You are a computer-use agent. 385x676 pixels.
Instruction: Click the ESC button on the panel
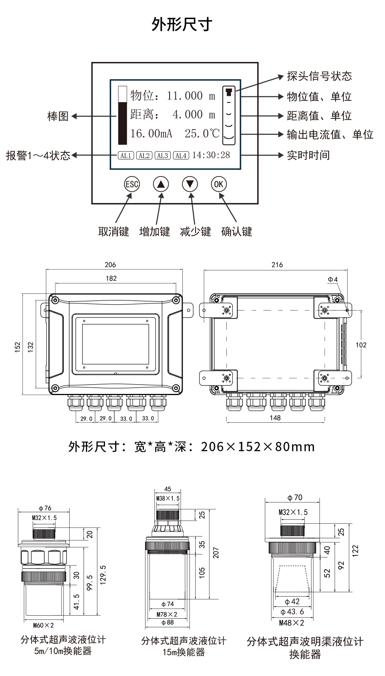[x=131, y=184]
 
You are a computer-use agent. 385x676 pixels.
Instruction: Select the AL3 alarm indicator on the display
[x=163, y=156]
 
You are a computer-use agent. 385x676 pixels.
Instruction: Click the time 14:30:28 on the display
[x=211, y=155]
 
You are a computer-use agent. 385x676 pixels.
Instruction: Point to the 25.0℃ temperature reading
[x=202, y=134]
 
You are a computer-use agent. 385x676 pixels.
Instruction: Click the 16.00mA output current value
[x=151, y=134]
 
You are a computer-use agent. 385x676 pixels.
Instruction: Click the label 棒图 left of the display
[x=58, y=116]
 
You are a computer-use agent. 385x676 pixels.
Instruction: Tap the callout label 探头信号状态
[x=319, y=76]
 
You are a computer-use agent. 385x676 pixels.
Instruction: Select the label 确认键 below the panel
[x=236, y=232]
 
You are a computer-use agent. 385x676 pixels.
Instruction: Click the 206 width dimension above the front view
[x=110, y=265]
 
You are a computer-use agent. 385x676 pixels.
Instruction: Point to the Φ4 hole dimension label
[x=332, y=279]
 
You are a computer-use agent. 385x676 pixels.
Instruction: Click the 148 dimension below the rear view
[x=275, y=418]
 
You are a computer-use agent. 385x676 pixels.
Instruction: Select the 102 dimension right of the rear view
[x=361, y=345]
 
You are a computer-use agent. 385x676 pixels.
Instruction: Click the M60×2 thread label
[x=44, y=625]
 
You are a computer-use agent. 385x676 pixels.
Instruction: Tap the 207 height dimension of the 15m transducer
[x=216, y=552]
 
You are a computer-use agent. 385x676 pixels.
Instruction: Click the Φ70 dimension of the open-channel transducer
[x=295, y=498]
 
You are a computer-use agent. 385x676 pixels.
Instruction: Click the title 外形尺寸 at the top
[x=182, y=24]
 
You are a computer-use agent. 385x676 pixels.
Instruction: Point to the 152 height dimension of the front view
[x=17, y=347]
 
